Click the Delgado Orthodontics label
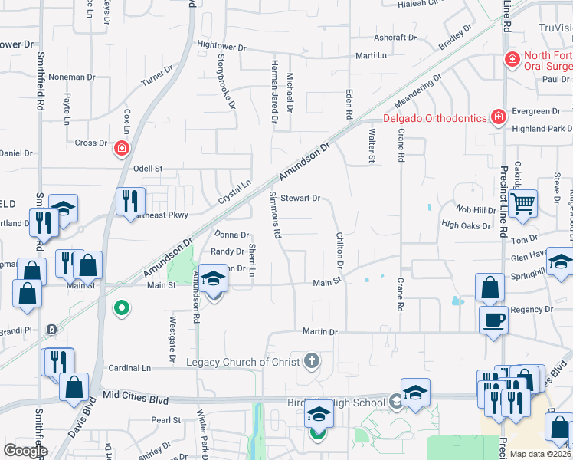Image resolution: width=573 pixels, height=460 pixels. point(434,118)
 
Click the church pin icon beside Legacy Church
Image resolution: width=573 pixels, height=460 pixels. point(311,360)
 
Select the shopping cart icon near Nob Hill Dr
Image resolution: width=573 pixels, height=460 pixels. point(522,204)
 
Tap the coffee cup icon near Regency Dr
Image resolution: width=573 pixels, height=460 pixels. point(493,319)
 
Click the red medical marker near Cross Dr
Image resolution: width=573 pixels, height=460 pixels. point(121,148)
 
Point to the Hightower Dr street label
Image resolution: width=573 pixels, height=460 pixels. point(221,47)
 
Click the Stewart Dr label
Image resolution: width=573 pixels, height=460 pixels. point(300,198)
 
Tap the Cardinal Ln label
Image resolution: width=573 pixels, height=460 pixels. point(129,368)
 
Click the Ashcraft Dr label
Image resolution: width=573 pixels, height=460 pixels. point(395,37)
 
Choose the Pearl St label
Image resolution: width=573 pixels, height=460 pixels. point(165,419)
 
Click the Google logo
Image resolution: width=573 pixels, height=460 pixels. point(26,451)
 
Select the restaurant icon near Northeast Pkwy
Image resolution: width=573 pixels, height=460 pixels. point(129,201)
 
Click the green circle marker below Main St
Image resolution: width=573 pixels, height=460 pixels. point(120,309)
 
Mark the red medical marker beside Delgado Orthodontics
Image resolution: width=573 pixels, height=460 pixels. point(498,117)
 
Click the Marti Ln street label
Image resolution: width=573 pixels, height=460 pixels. point(371,55)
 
